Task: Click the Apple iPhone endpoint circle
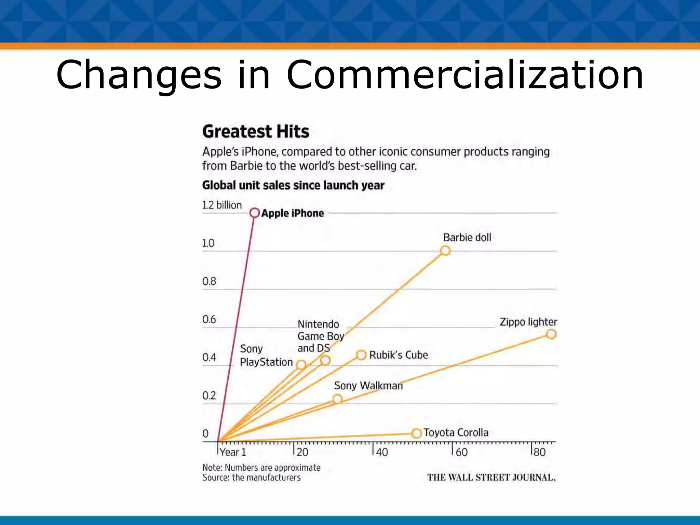254,213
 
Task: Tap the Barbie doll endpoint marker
445,251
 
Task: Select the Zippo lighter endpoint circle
551,334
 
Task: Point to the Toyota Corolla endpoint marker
416,433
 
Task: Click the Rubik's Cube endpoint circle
361,355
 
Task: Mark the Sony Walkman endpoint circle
337,399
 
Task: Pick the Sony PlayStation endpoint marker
301,365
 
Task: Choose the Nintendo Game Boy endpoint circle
325,360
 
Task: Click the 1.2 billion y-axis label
222,205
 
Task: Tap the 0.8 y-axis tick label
209,281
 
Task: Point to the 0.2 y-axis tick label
209,395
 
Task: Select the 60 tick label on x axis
461,452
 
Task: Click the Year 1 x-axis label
233,452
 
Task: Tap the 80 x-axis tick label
540,452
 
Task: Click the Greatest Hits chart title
256,132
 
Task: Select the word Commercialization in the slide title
465,75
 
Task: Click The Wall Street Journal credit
491,477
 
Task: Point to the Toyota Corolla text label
456,432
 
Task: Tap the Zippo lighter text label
528,322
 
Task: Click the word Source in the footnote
215,477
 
